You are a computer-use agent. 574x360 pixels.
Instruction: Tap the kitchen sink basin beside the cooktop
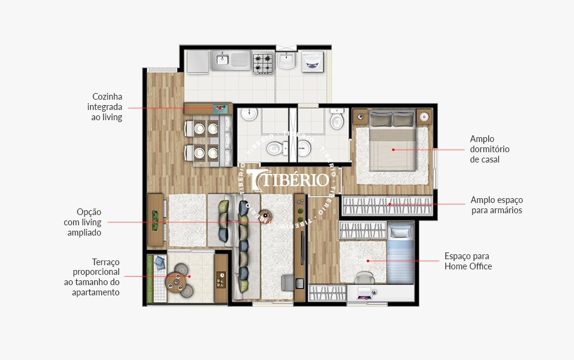tap(223, 59)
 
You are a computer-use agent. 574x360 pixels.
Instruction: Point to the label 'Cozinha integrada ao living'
tap(107, 107)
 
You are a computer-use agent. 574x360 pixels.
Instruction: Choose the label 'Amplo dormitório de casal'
tap(490, 149)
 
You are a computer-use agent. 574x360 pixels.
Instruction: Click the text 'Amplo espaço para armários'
tap(497, 205)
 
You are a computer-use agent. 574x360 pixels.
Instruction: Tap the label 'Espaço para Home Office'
tap(468, 261)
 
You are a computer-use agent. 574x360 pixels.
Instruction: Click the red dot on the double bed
tap(393, 149)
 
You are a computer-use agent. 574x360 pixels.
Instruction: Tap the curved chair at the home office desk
tap(364, 277)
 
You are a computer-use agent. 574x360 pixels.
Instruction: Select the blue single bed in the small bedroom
tap(400, 254)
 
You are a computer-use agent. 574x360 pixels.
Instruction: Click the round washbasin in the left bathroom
tap(249, 114)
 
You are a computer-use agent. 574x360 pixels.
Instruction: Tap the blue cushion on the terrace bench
tap(160, 262)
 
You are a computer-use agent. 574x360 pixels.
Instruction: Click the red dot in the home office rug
tap(368, 261)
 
